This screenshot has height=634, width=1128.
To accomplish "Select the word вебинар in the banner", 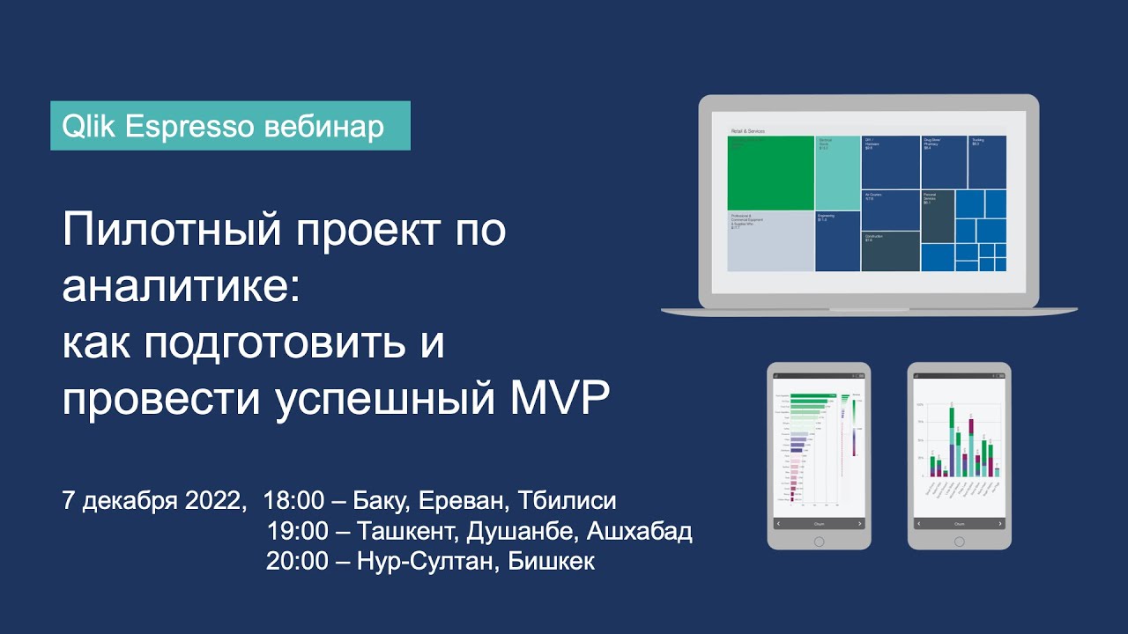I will (323, 127).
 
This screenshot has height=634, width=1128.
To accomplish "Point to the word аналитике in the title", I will (181, 288).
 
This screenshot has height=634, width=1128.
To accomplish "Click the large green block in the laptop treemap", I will (770, 173).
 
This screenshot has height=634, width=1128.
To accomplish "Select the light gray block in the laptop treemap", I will (770, 240).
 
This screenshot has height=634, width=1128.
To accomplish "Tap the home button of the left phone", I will (819, 541).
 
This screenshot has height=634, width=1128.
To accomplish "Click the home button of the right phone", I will (960, 541).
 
